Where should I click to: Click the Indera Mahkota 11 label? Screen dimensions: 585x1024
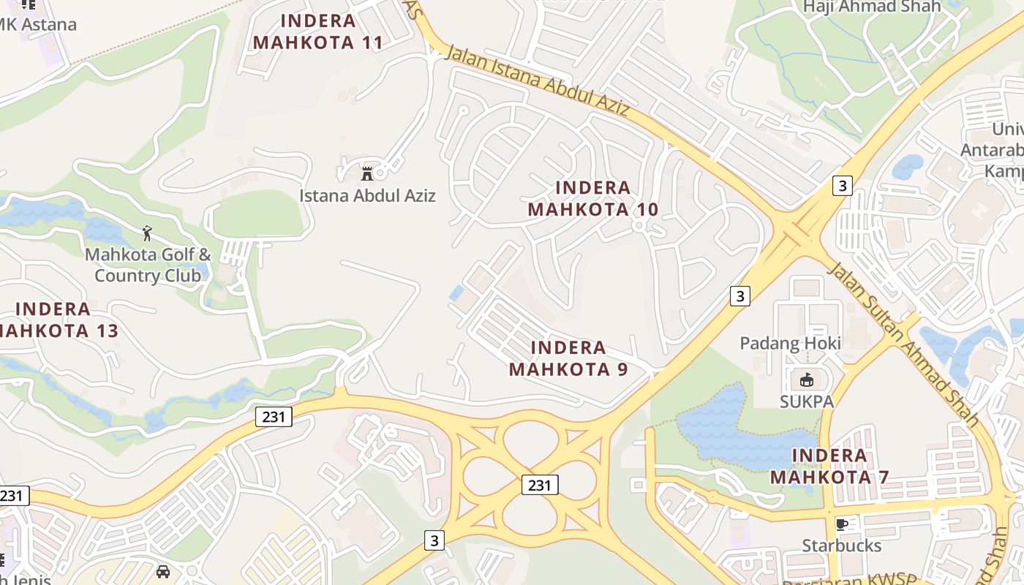pos(318,31)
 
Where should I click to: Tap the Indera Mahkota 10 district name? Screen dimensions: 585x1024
pos(593,198)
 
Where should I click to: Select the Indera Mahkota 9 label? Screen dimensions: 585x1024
pos(568,358)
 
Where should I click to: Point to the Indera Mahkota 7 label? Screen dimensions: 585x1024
pos(829,467)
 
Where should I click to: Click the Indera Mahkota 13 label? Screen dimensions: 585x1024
pos(55,320)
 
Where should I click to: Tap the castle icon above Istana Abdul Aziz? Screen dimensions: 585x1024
pos(367,173)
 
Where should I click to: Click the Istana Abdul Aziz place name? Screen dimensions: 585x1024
pos(367,195)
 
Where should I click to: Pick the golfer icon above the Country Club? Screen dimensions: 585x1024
pos(148,234)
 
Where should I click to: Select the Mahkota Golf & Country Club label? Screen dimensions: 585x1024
pos(148,265)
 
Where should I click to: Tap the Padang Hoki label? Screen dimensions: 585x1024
pos(790,343)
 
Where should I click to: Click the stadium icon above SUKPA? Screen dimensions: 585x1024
pos(806,380)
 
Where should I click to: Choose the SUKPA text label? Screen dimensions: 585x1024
pos(806,401)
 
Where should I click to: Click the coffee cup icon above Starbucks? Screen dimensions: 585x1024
pos(842,524)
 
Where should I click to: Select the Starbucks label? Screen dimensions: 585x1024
pos(842,546)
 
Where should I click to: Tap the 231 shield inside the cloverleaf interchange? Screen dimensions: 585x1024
pos(540,484)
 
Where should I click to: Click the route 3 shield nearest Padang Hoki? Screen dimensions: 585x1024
pos(740,295)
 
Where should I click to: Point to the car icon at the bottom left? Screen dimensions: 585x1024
pos(163,571)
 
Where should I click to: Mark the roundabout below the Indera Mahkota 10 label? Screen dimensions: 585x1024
pos(639,226)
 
